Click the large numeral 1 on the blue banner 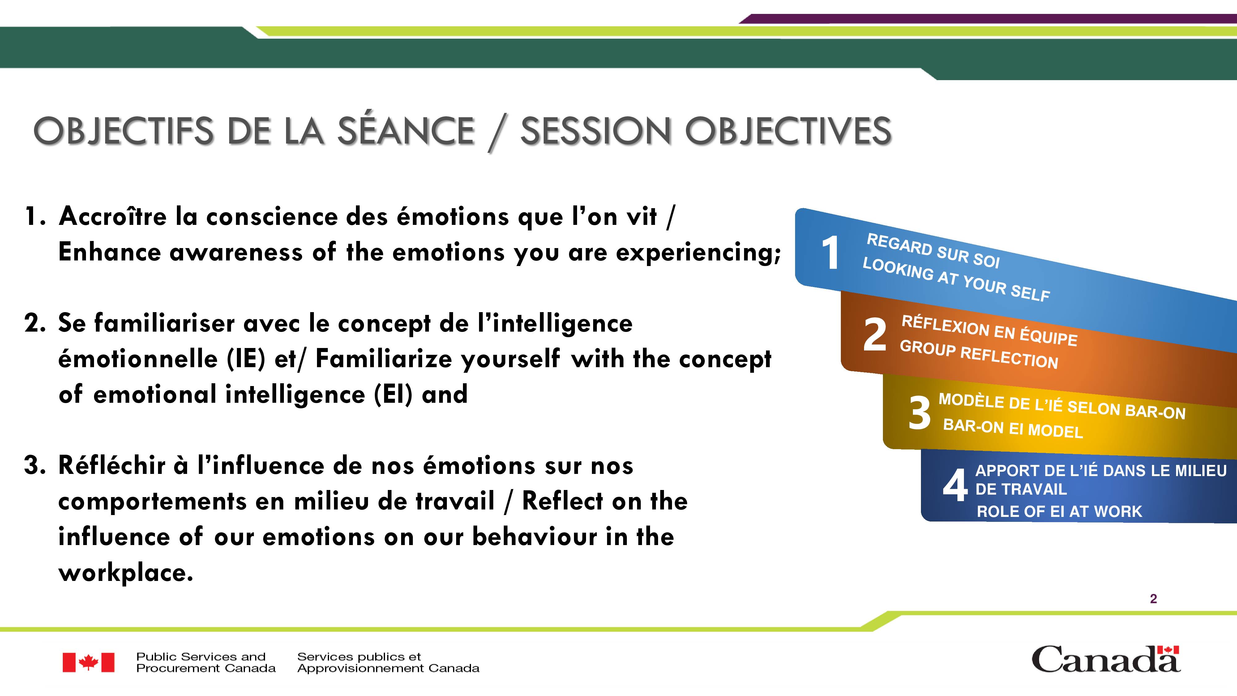pos(830,253)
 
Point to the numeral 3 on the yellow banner pos(919,413)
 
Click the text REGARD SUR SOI pos(933,250)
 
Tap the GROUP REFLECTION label pos(979,354)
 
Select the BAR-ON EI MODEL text pos(1013,428)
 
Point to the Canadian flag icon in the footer pos(88,662)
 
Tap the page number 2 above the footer pos(1154,599)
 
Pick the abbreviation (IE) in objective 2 pos(246,359)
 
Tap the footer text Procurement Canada pos(206,668)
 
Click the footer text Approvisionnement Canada pos(388,668)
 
